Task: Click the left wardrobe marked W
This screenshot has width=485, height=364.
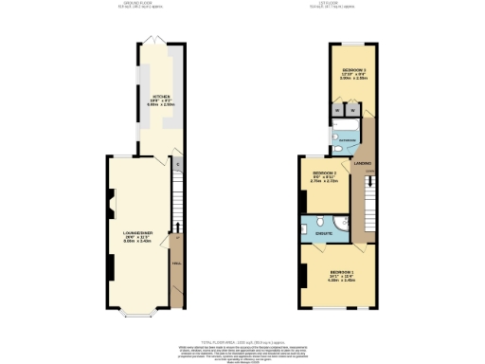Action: tap(337, 108)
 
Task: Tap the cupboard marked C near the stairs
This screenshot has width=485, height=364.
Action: tap(178, 164)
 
